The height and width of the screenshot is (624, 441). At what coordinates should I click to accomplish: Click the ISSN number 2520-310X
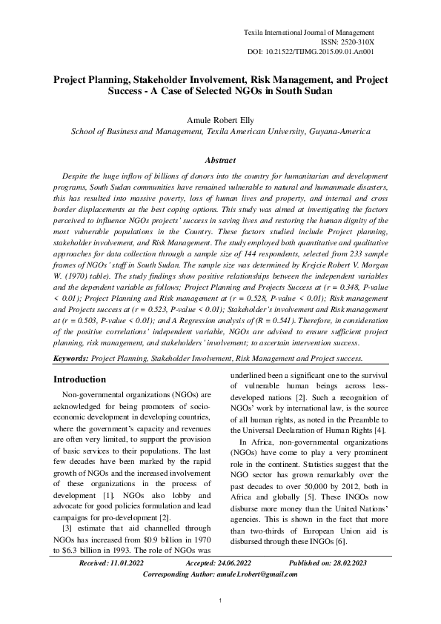coord(356,44)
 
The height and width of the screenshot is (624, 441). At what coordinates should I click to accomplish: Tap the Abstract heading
coord(220,160)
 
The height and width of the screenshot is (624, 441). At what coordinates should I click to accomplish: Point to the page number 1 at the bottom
coord(220,599)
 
